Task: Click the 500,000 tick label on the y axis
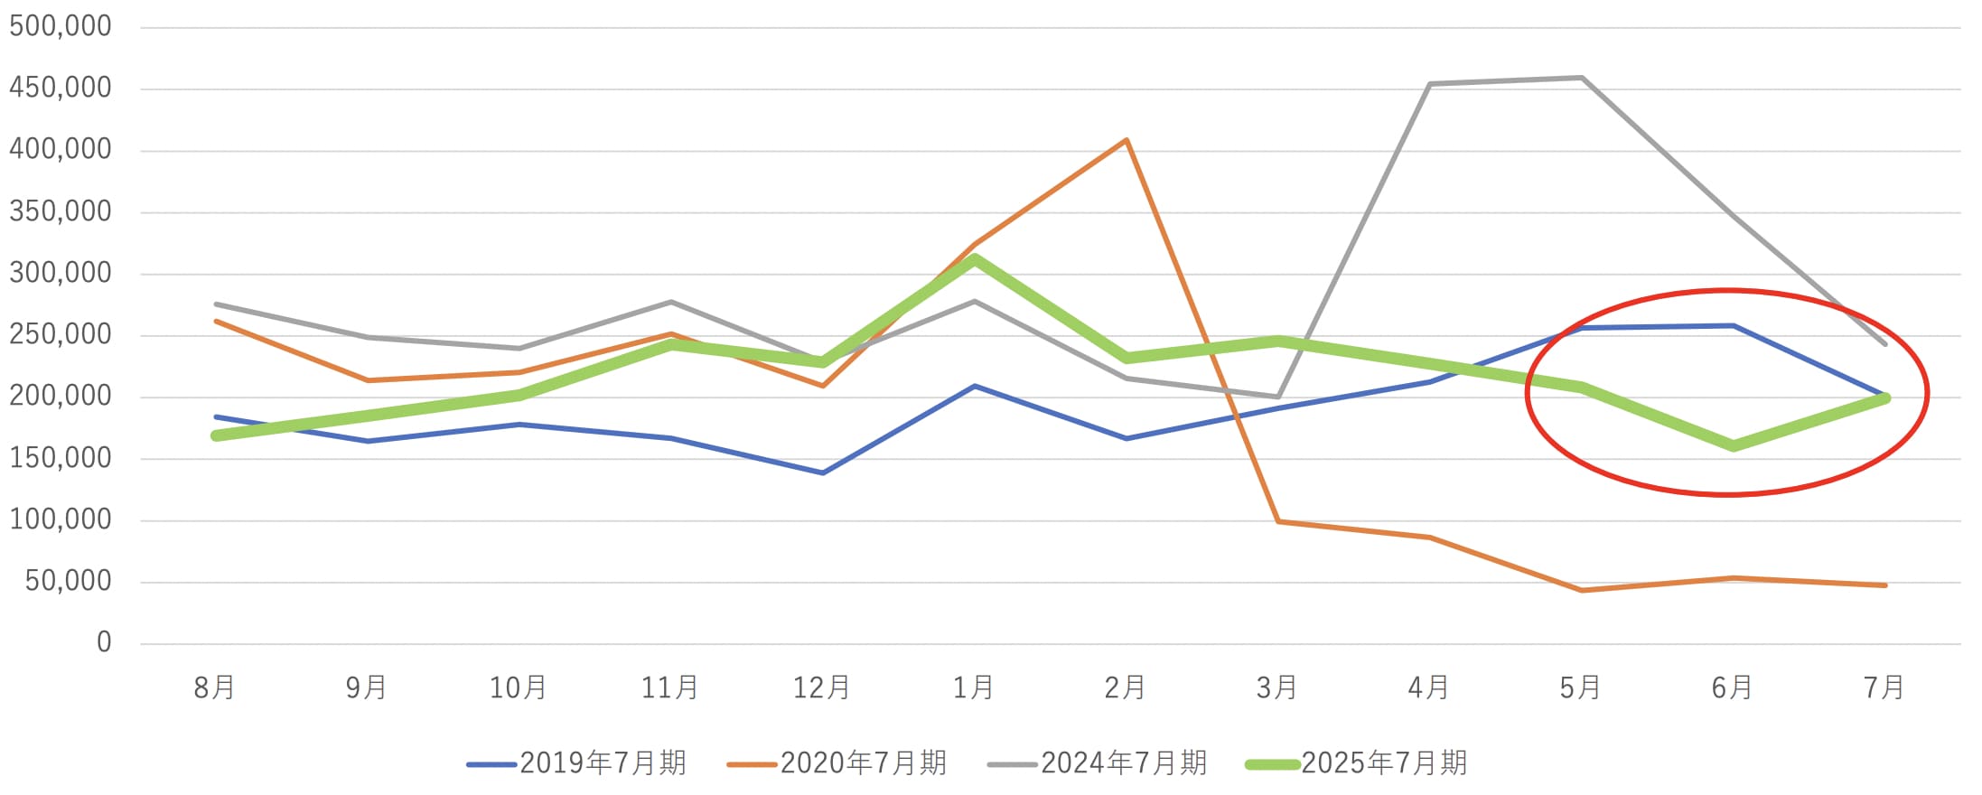[x=61, y=26]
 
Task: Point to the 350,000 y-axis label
[x=61, y=211]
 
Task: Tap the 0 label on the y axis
[x=104, y=642]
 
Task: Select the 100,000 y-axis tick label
[x=61, y=519]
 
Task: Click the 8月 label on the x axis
[x=215, y=688]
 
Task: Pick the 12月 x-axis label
[x=822, y=688]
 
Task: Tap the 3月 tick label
[x=1277, y=688]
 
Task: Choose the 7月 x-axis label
[x=1884, y=688]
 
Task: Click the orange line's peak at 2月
[x=1127, y=140]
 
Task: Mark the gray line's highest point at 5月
[x=1582, y=78]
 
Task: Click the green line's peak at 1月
[x=975, y=258]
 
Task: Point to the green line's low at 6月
[x=1734, y=446]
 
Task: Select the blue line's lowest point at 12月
[x=823, y=472]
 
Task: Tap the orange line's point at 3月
[x=1278, y=522]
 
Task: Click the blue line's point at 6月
[x=1734, y=325]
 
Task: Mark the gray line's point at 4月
[x=1430, y=84]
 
